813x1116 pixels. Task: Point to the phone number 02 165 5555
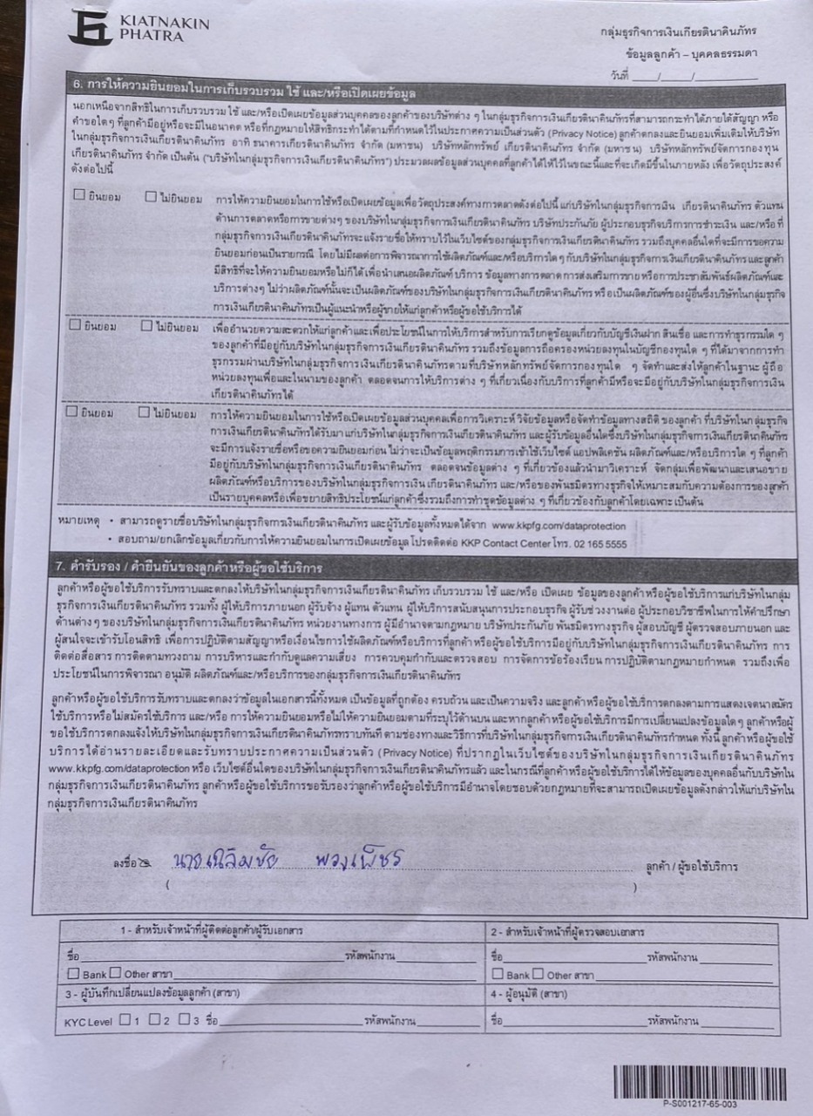point(599,542)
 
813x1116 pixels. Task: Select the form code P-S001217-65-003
point(700,1104)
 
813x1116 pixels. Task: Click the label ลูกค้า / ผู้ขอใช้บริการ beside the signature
point(691,868)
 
